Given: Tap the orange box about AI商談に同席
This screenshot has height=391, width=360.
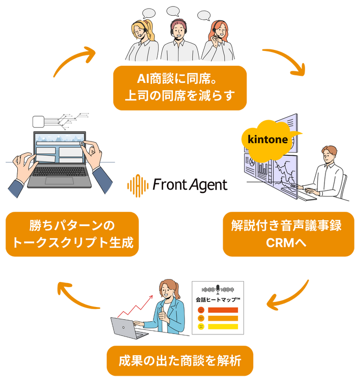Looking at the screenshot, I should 179,87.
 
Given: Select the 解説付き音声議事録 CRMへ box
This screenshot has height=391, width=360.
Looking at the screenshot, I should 288,234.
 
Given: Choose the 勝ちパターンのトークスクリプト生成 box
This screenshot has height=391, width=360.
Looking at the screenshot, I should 72,234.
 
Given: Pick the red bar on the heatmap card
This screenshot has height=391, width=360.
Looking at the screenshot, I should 223,310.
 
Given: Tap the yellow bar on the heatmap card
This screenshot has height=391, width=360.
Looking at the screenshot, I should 223,326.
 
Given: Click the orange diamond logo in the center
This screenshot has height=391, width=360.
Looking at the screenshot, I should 136,184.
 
